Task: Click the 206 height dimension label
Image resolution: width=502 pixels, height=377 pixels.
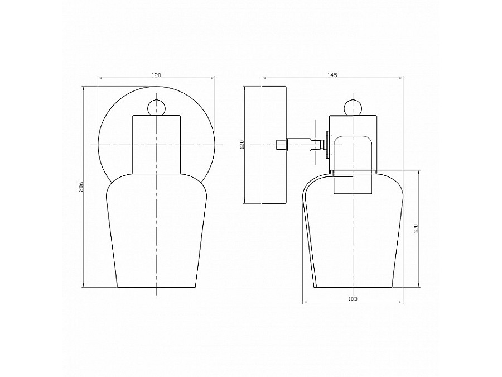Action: tap(81, 187)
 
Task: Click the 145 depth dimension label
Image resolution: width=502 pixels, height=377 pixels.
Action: tap(332, 75)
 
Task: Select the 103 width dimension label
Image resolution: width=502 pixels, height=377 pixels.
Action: tap(353, 299)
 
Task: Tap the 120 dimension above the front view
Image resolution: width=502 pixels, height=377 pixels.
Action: tap(156, 75)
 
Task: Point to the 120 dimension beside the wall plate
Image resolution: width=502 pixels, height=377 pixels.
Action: tap(242, 145)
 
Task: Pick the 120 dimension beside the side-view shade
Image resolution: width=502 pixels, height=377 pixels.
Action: tap(416, 228)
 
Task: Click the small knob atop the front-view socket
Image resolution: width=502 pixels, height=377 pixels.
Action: tap(156, 107)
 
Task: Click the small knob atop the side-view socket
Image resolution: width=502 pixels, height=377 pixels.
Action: tap(353, 107)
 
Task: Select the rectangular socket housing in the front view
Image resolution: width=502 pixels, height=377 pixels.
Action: tap(156, 144)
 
